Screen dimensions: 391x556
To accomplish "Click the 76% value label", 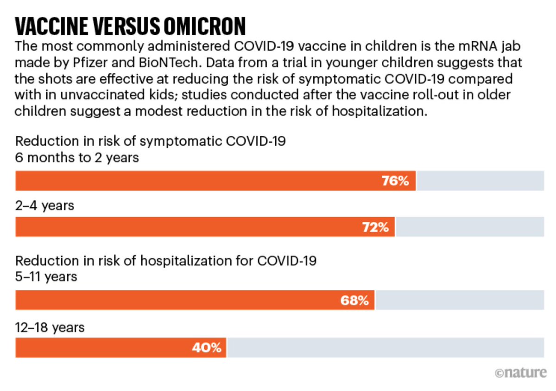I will (395, 181).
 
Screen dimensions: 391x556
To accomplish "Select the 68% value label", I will (354, 301).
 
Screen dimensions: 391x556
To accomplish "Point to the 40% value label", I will (207, 347).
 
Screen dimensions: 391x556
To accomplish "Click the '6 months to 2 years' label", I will (77, 157).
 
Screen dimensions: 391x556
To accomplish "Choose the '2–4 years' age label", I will (44, 205).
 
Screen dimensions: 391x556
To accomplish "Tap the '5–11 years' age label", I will (46, 277).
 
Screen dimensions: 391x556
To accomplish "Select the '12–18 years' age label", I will (50, 327).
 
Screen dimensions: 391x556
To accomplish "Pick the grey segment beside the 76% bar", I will (480, 181).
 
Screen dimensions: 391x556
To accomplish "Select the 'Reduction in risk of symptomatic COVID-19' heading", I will (151, 141).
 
